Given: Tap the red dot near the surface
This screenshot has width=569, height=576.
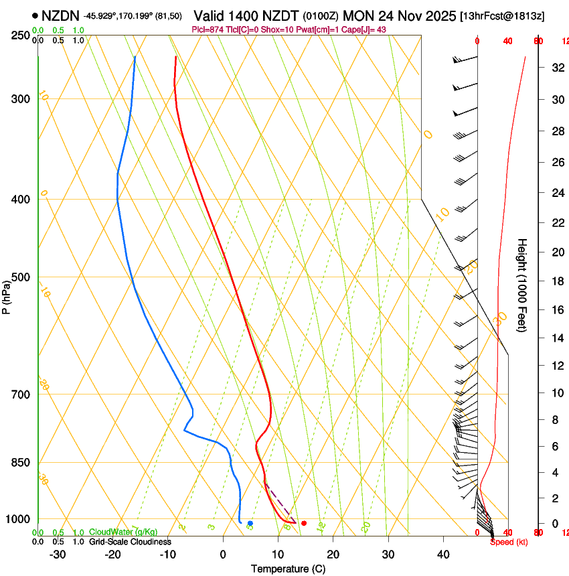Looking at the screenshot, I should click(304, 523).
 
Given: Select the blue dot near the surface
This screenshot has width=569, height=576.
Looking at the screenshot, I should click(250, 523).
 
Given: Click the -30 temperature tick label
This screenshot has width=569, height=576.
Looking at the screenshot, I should click(58, 555).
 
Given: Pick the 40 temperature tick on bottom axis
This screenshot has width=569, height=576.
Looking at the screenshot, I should click(443, 555).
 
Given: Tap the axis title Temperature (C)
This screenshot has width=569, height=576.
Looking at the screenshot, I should click(288, 569).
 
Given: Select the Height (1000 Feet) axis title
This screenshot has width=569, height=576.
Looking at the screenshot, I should click(523, 285).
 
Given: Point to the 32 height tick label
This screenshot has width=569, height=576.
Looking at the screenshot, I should click(556, 68).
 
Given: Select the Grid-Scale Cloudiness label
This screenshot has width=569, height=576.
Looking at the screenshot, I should click(130, 542).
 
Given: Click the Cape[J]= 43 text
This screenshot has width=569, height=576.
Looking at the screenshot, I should click(367, 29).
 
